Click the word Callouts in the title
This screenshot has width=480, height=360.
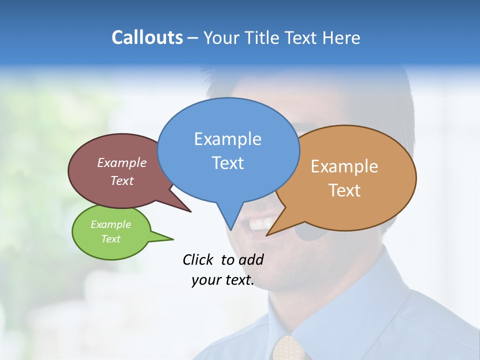click(147, 37)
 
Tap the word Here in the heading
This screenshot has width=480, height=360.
click(342, 37)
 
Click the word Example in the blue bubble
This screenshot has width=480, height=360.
click(227, 138)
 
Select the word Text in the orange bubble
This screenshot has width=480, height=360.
click(344, 190)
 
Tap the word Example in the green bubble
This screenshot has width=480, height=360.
click(110, 224)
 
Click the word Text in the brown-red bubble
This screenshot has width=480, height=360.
click(122, 180)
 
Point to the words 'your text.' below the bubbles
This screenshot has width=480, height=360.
click(223, 280)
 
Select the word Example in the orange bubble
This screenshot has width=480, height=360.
click(344, 166)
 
